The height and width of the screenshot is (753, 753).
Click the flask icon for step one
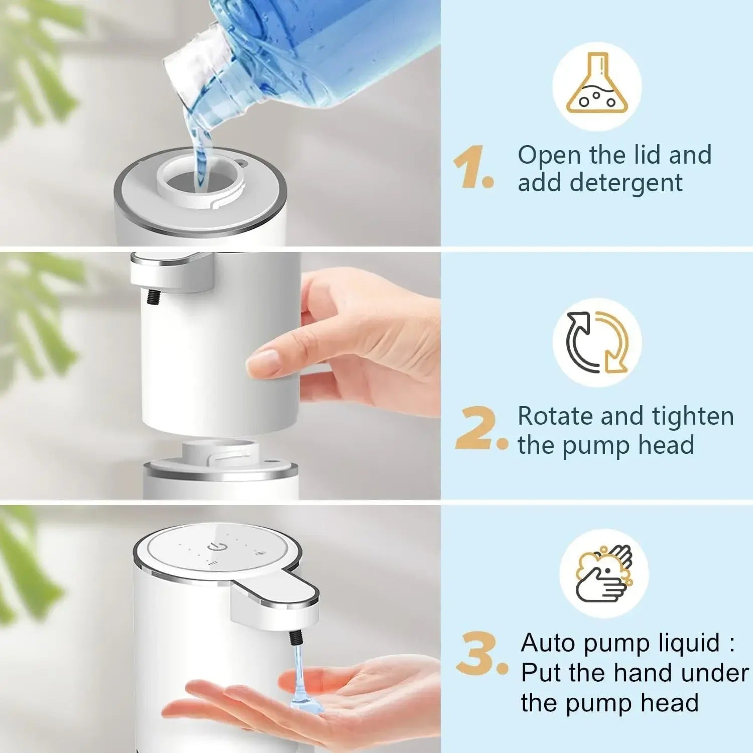[597, 86]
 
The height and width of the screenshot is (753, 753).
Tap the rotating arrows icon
[597, 342]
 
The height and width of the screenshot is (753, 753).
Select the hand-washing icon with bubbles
[604, 574]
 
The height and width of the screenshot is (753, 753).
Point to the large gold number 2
[477, 428]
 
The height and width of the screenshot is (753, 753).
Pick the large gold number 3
[479, 654]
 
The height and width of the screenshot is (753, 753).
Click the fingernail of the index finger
[262, 361]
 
